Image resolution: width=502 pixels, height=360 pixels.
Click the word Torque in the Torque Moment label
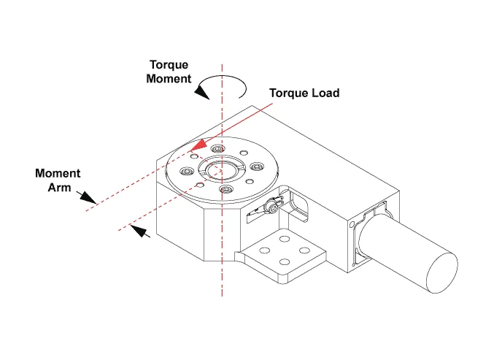click(x=168, y=64)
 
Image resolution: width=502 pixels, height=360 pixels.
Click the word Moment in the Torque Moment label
click(x=169, y=78)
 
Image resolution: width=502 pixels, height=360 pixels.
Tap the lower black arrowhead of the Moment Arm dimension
click(x=142, y=233)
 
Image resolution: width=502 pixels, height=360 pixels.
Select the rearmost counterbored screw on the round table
click(x=216, y=150)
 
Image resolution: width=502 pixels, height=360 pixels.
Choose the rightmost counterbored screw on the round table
click(x=255, y=167)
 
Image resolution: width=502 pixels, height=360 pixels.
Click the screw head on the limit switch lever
click(x=273, y=209)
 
